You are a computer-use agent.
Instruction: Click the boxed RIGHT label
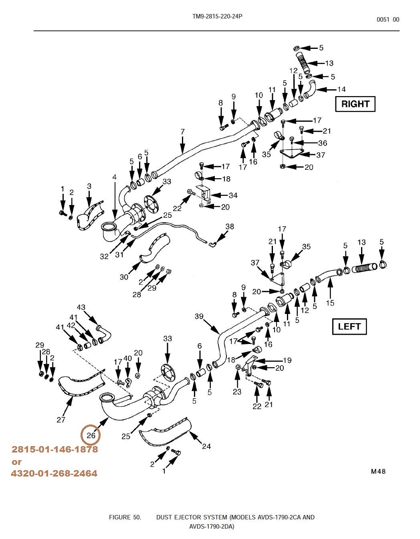point(355,104)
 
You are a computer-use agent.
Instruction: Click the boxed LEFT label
point(349,326)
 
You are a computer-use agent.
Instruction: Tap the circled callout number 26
point(91,435)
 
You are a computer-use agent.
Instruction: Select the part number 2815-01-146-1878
point(55,449)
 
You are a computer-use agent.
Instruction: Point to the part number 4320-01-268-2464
point(54,473)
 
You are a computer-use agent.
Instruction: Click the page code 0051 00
point(388,20)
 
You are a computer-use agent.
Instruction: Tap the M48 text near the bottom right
point(378,471)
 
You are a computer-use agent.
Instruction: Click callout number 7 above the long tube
point(183,132)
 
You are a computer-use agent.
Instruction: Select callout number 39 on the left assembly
point(199,316)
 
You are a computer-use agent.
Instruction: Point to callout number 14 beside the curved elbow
point(341,89)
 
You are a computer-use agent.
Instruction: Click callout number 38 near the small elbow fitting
point(229,227)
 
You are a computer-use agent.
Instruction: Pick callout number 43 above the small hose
point(81,308)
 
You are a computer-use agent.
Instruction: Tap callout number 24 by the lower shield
point(206,446)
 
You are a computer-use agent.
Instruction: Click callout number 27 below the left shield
point(61,420)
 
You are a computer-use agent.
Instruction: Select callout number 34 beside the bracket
point(233,195)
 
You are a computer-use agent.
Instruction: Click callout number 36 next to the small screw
point(322,143)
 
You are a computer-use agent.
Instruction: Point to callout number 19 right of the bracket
point(287,360)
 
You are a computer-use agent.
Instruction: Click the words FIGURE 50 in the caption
point(125,517)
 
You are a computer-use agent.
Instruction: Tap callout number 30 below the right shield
point(124,277)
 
